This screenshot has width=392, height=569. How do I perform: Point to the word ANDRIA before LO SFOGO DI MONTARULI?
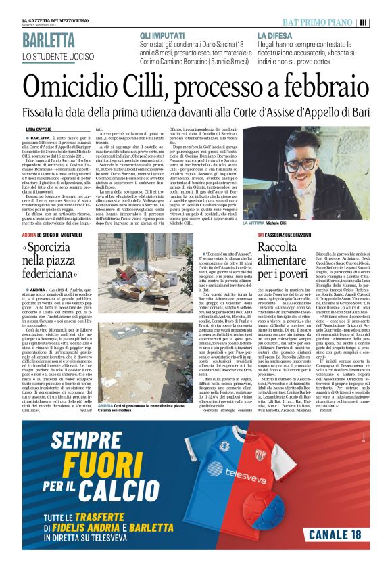(30, 235)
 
